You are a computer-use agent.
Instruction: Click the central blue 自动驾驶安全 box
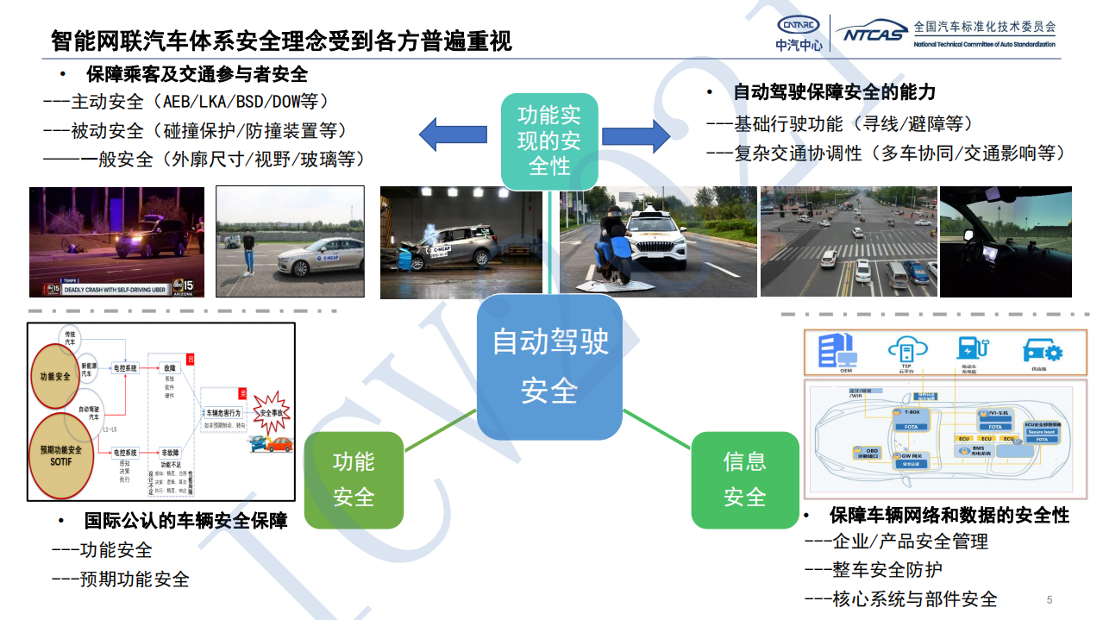550,366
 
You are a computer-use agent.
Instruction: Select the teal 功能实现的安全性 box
549,141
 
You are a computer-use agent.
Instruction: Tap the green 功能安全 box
354,479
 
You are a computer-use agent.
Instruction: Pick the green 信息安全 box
744,479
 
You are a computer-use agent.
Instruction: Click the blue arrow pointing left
453,135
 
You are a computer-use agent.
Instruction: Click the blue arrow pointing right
636,135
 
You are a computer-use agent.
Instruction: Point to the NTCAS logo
870,34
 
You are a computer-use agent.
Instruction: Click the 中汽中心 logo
799,33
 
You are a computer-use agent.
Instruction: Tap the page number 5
1049,599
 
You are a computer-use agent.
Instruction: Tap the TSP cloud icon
906,349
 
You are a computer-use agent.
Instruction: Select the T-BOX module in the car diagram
909,419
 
